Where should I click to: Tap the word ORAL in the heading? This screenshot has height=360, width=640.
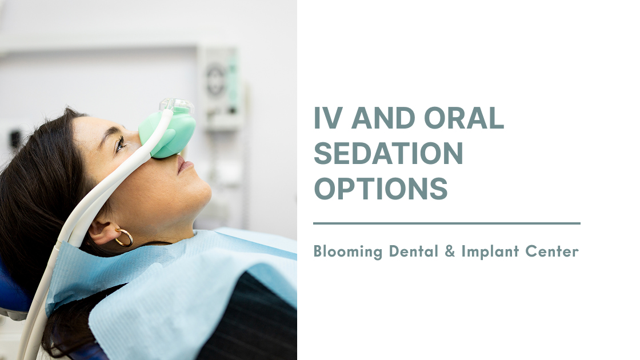[464, 118]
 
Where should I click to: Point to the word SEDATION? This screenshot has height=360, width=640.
[388, 153]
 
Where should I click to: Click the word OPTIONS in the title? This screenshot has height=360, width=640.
[381, 188]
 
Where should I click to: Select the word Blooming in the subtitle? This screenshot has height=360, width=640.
[348, 251]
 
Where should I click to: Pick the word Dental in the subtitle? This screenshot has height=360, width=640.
[414, 251]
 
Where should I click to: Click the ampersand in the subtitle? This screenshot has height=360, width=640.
[450, 251]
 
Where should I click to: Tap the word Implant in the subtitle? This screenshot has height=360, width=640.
[490, 251]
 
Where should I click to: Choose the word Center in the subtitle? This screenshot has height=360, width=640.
[552, 251]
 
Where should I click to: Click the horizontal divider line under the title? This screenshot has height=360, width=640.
[446, 223]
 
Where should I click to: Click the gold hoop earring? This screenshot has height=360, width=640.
[124, 238]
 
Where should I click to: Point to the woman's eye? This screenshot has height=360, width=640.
[119, 143]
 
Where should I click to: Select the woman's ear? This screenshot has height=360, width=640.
[104, 231]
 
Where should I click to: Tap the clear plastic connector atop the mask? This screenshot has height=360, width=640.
[177, 105]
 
